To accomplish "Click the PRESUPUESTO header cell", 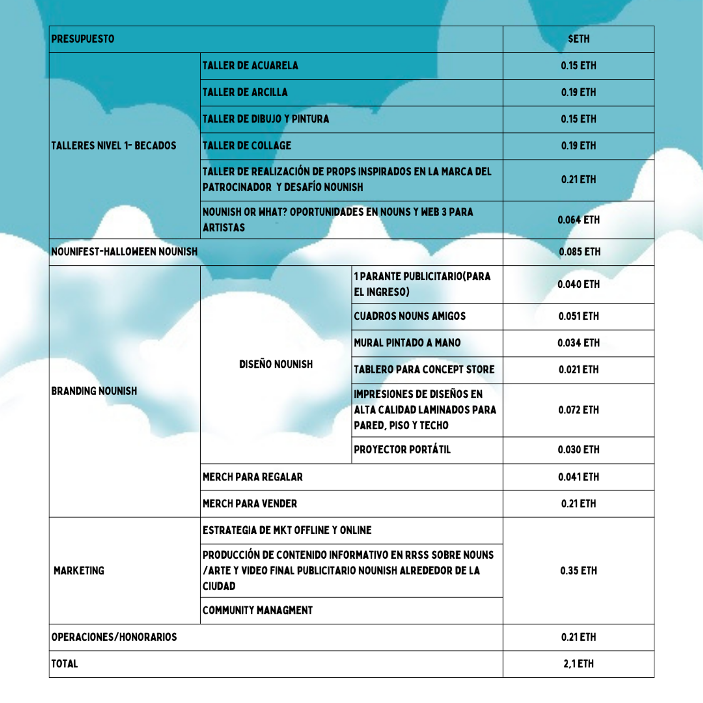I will (x=83, y=39).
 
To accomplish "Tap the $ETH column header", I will (x=578, y=39).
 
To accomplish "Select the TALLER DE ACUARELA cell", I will (x=250, y=66).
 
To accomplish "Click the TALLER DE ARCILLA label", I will (x=245, y=92).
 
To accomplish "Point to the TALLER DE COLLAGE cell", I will (x=247, y=146).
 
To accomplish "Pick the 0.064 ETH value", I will (x=578, y=220).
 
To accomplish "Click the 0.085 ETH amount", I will (x=579, y=252).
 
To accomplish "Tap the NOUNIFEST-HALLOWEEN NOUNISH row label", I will (x=125, y=252).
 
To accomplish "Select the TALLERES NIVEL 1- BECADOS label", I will (x=114, y=146).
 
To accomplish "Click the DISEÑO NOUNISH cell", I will (x=276, y=364).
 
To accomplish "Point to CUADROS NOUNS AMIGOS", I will (x=410, y=316).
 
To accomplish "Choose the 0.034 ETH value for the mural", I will (x=578, y=343).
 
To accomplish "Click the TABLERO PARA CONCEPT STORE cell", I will (x=424, y=370).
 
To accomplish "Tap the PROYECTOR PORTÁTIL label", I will (x=402, y=450).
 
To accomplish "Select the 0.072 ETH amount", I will (x=578, y=410).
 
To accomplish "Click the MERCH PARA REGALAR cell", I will (x=253, y=477).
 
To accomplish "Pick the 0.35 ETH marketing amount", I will (x=578, y=571).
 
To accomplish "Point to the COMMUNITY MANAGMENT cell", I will (x=257, y=610).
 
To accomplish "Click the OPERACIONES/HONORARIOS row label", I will (x=114, y=637).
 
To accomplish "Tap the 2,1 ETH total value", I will (x=578, y=664).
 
